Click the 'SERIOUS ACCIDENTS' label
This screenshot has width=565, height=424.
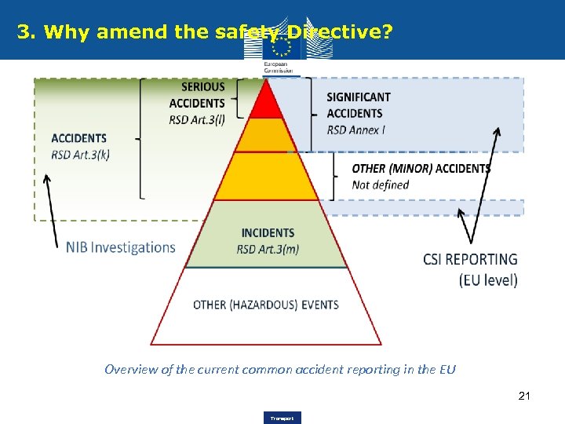[197, 95]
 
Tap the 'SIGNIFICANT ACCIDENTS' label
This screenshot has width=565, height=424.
[359, 105]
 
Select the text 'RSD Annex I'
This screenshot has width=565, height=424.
[356, 130]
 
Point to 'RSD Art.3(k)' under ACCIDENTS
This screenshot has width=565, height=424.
[80, 154]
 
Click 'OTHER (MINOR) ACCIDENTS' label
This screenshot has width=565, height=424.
[421, 168]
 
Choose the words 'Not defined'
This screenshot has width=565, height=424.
[381, 185]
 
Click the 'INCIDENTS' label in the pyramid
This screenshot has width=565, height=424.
[268, 232]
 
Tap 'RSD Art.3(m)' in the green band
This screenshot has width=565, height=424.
[268, 250]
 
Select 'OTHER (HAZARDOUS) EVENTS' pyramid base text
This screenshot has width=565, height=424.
[266, 305]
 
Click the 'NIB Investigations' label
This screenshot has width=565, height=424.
[121, 247]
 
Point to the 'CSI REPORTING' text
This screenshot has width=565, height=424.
[470, 259]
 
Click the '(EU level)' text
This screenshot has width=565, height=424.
[488, 280]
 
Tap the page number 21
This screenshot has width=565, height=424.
[524, 396]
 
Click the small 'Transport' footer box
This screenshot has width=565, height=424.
[282, 418]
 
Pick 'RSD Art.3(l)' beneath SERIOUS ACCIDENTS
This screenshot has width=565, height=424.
[196, 120]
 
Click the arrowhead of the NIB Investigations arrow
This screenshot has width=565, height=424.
[46, 178]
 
